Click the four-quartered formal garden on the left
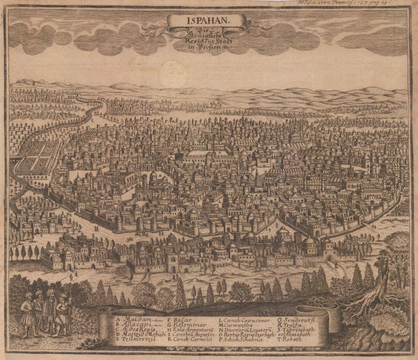click(39, 156)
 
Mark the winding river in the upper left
click(91, 111)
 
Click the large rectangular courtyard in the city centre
click(209, 157)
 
